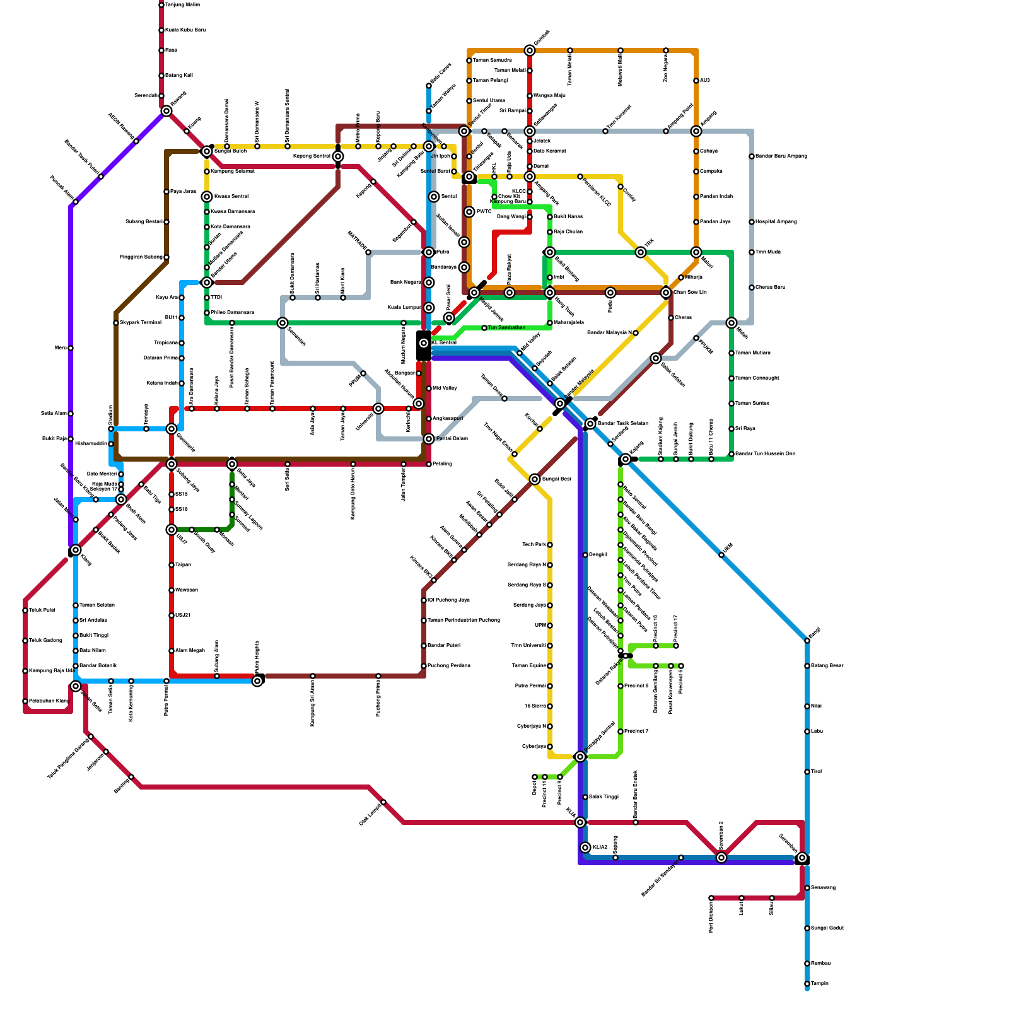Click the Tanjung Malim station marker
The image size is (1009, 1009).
coord(161,5)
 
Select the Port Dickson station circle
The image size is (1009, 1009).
coord(711,898)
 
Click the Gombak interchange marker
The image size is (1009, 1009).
coord(530,50)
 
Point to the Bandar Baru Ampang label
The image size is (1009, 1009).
coord(781,156)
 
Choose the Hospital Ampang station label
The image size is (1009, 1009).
coord(776,222)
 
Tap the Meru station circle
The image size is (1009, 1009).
coord(71,348)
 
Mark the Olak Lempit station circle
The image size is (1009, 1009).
coord(383,802)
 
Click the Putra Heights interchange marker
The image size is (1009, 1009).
coord(257,681)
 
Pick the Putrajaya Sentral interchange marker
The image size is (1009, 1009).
coord(580,757)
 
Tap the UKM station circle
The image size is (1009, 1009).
coord(721,555)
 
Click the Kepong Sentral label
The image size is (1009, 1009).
coord(312,156)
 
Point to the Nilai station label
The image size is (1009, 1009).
coord(817,706)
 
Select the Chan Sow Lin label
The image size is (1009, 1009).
coord(691,293)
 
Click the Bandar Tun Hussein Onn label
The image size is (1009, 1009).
coord(765,454)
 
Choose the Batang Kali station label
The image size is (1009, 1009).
coord(179,76)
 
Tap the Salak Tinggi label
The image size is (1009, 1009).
coord(604,797)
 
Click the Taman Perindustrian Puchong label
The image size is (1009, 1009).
coord(464,621)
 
